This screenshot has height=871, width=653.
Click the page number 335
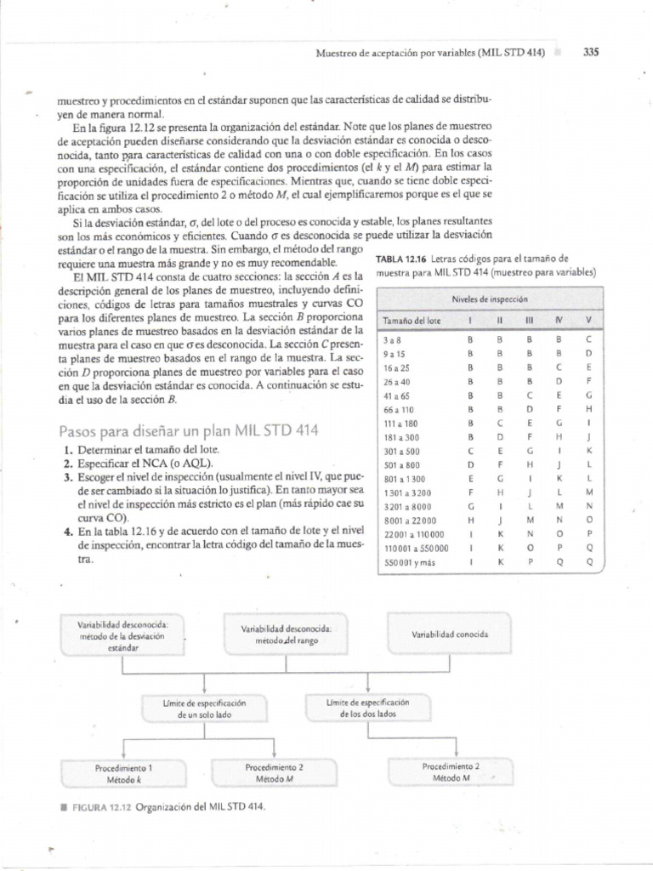(591, 51)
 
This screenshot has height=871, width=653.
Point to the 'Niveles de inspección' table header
(490, 299)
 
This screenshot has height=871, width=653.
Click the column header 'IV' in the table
(559, 321)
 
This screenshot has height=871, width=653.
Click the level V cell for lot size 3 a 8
(588, 338)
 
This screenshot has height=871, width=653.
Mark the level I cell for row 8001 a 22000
(469, 520)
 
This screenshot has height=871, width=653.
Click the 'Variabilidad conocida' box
(450, 635)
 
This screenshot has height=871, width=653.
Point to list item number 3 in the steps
(68, 478)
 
